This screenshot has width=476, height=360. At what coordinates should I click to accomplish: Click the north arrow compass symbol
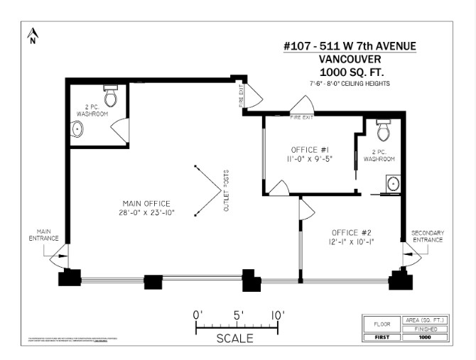pos(32,36)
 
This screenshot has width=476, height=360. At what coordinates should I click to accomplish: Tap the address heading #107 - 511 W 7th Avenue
pos(350,47)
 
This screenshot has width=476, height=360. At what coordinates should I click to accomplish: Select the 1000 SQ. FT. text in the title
pos(350,72)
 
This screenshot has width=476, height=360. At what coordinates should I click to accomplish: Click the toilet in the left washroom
pos(110,97)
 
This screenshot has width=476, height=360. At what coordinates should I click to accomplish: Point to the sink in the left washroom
pos(77,130)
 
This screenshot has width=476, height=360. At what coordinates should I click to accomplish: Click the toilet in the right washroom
pos(383,131)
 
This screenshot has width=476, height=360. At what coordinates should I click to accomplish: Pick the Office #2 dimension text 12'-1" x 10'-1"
pos(351,241)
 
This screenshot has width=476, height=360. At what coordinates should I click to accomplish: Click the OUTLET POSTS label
pos(227,190)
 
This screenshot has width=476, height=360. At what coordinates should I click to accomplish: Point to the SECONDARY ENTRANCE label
pos(427,236)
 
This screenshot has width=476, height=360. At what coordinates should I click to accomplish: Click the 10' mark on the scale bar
pos(277,315)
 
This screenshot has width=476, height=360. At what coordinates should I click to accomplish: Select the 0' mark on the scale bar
pos(198,315)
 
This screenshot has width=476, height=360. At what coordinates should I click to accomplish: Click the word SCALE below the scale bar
pos(234,339)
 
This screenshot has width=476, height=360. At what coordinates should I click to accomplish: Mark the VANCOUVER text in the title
pos(350,60)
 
